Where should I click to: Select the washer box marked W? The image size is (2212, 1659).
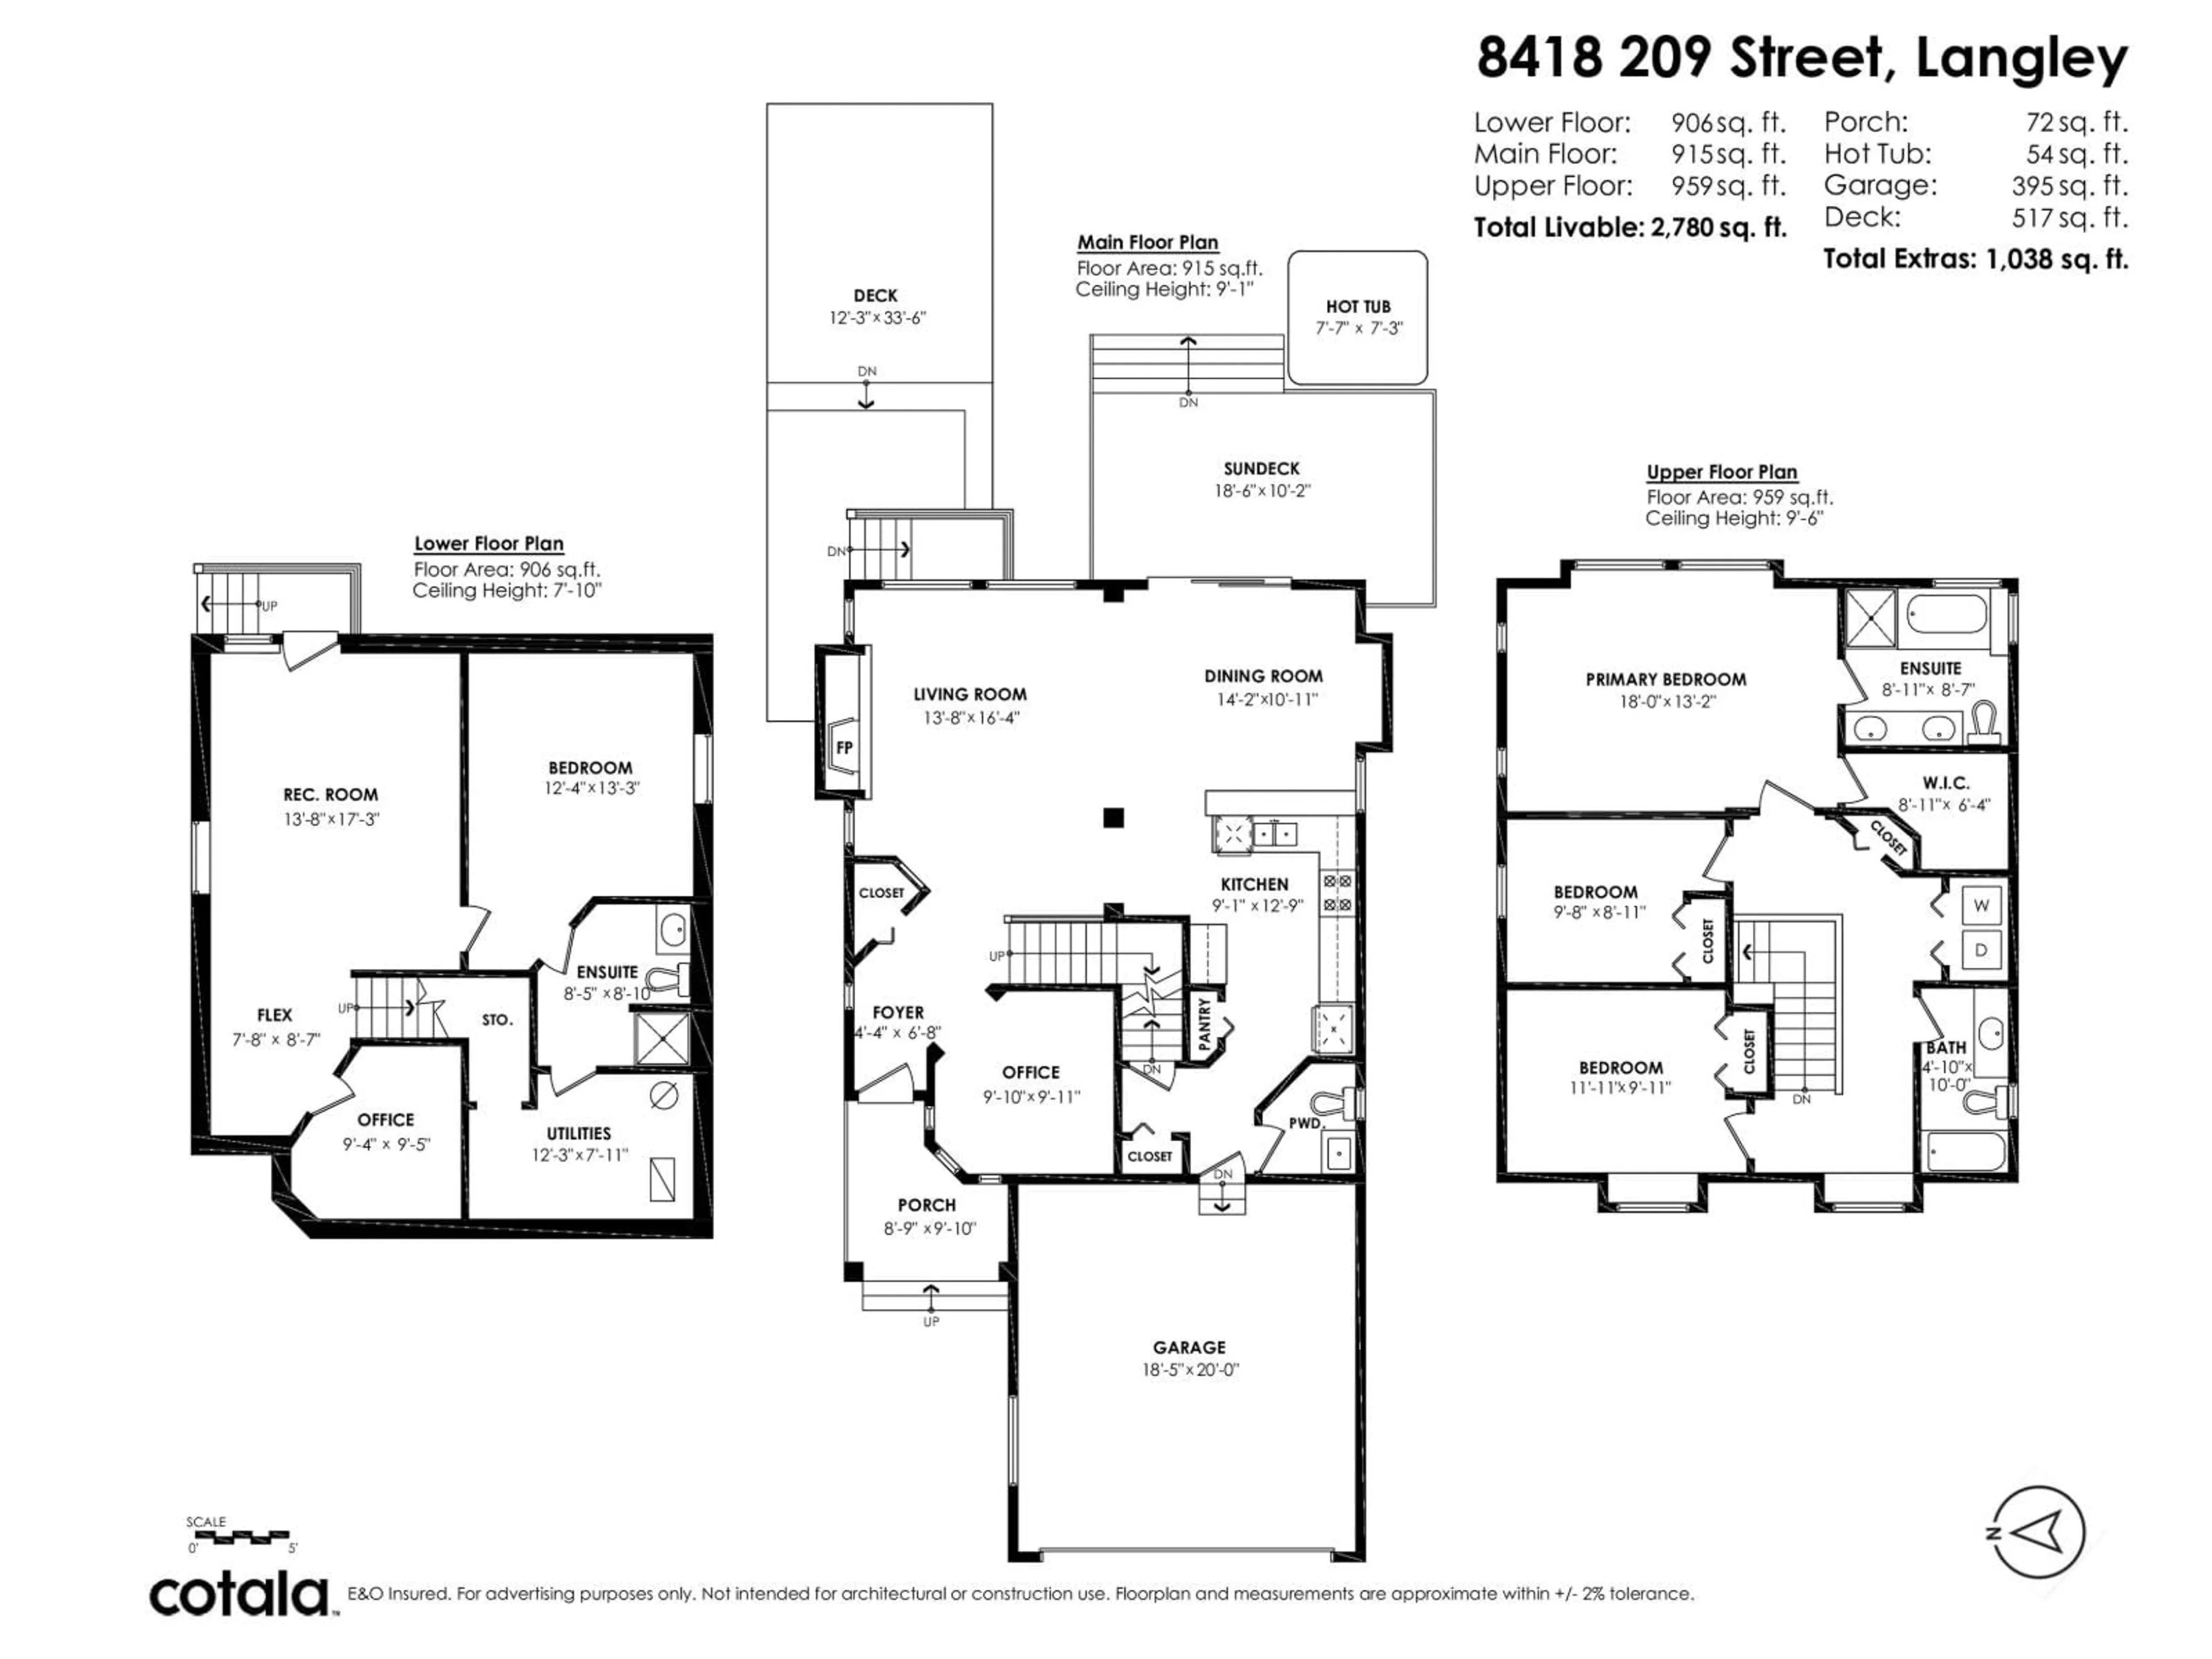(1981, 906)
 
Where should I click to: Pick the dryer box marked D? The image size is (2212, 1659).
(1981, 950)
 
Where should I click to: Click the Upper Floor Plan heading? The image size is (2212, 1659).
(1722, 472)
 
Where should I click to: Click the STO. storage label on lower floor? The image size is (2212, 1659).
(497, 1020)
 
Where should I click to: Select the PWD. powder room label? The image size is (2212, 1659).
(1305, 1123)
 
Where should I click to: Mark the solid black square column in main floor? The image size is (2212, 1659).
(1113, 818)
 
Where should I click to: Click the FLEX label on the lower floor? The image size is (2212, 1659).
(275, 1015)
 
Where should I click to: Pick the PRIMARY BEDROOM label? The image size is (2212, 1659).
(1666, 679)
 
